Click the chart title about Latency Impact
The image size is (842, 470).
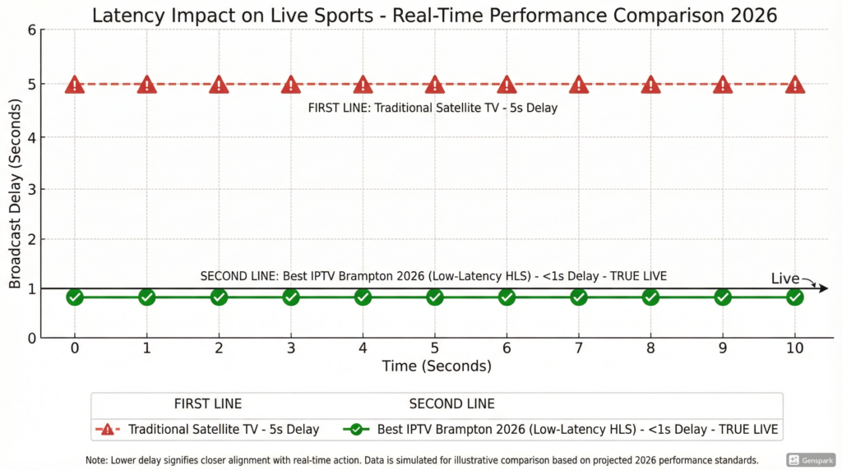click(x=434, y=15)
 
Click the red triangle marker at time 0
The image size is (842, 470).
click(x=75, y=85)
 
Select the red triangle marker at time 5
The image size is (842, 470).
click(x=435, y=85)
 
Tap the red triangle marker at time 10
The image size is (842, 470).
click(x=795, y=85)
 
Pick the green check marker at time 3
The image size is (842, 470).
click(x=291, y=297)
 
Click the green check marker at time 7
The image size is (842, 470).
click(x=579, y=297)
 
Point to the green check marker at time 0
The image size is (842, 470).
click(x=75, y=297)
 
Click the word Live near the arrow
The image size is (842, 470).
click(x=784, y=279)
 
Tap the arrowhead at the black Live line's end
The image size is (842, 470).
click(x=823, y=288)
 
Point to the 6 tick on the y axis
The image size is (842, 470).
click(x=32, y=30)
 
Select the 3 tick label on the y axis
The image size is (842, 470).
click(x=32, y=189)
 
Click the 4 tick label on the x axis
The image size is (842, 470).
click(x=363, y=348)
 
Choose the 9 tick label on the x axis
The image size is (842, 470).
click(x=723, y=348)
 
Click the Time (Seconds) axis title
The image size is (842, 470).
click(x=437, y=366)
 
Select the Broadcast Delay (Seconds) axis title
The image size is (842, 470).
click(x=15, y=183)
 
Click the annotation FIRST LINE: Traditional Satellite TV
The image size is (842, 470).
click(x=433, y=108)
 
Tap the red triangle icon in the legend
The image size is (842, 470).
click(x=108, y=429)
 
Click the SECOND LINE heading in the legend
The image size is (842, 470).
click(x=451, y=403)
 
